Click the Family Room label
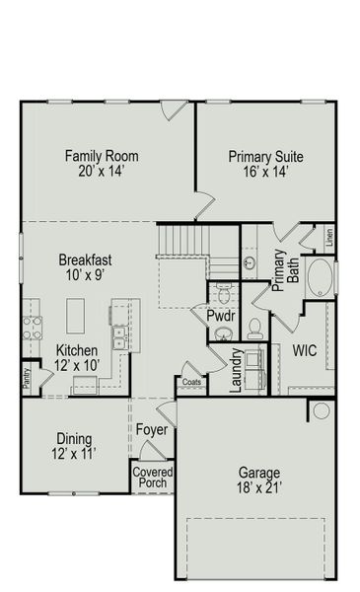coord(101,164)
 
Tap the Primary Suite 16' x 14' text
coord(265,164)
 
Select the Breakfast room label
coord(84,267)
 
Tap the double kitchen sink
coord(120,338)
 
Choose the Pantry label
coord(27,377)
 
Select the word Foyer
coord(152,430)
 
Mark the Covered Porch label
coord(153,479)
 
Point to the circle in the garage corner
coord(321,410)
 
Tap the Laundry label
coord(237,370)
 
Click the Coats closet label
coord(191,381)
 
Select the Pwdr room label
coord(219,315)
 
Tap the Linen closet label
coord(329,237)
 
